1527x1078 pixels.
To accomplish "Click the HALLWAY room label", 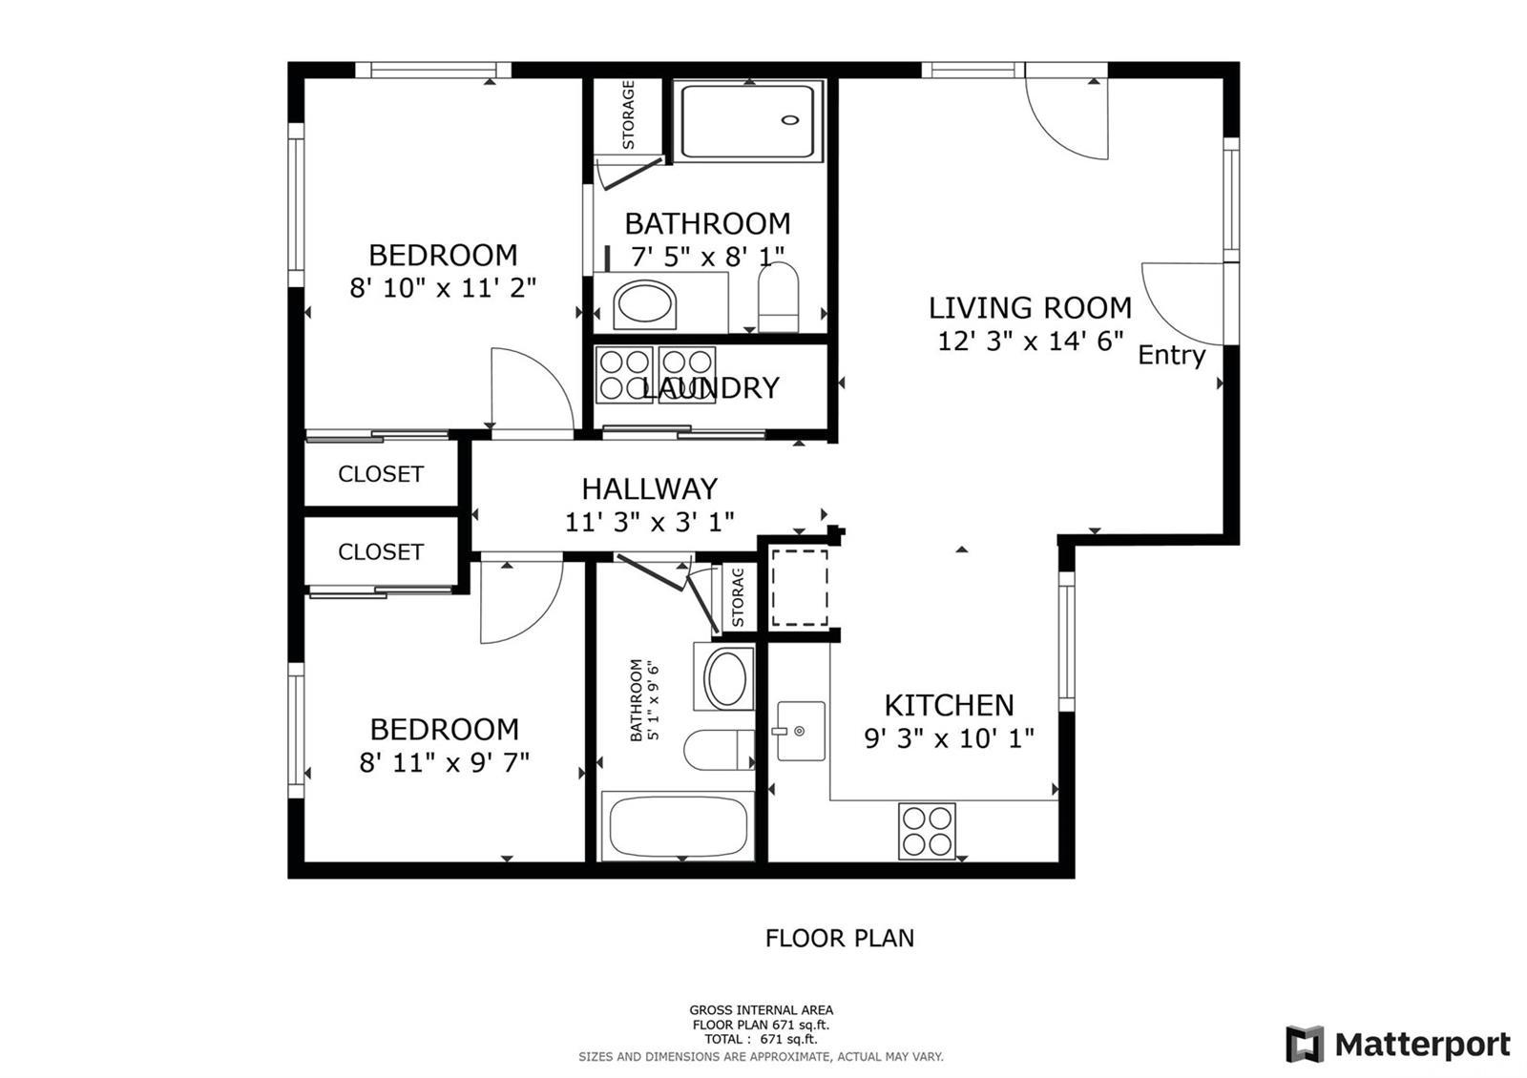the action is coord(649,489).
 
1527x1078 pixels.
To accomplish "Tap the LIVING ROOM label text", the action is coord(1030,308).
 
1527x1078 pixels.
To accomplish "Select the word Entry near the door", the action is coord(1171,355).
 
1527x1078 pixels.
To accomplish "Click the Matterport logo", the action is coord(1398,1044).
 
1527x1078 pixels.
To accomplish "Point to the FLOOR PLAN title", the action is coord(839,939).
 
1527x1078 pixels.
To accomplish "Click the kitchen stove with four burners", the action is coord(927,831).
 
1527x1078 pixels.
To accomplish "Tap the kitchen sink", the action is coord(801,731).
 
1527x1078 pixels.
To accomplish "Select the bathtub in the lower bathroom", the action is coord(678,826).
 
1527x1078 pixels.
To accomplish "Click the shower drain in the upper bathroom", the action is coord(790,120).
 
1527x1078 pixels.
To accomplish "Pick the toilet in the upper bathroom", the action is coord(779,297).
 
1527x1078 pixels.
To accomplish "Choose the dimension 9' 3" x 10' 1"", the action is coord(949,738).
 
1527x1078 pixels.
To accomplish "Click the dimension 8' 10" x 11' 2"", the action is coord(443,288).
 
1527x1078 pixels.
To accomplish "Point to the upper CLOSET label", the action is coord(381,474).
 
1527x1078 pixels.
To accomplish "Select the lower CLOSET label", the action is coord(381,552).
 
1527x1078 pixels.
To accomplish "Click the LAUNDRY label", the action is coord(710,387).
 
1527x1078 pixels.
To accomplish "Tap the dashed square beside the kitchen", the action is coord(800,588).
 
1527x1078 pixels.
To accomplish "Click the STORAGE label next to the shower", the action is coord(628,114).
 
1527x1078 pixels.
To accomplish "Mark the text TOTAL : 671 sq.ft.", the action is coord(761,1039).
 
